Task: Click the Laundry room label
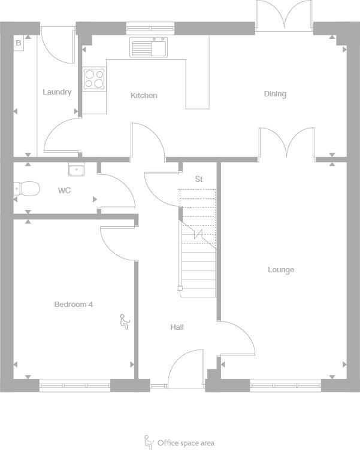57,92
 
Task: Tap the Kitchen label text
144,96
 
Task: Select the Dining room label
275,94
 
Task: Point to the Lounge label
280,270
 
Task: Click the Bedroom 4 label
73,305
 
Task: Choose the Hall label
177,327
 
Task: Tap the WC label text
64,191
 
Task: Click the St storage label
199,180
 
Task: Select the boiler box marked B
19,44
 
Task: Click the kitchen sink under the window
148,47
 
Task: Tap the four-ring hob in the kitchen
94,78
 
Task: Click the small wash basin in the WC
75,170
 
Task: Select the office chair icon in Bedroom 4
125,322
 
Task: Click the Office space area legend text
185,443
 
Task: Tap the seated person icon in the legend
149,442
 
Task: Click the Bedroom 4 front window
75,386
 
